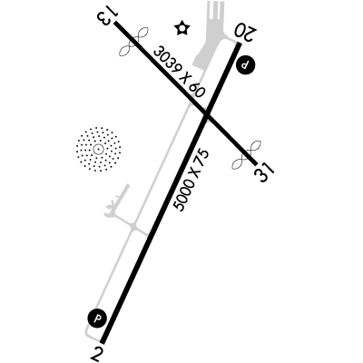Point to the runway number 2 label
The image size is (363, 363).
click(96, 354)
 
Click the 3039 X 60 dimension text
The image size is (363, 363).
click(180, 71)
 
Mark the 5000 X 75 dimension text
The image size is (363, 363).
click(191, 181)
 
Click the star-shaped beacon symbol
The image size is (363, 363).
click(182, 28)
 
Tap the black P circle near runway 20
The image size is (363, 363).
click(245, 64)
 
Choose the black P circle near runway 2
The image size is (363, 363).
click(97, 319)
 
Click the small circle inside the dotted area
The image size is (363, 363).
click(98, 149)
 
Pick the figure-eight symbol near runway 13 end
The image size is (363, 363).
click(134, 42)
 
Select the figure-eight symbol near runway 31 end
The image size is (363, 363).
click(247, 154)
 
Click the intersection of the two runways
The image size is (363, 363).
click(206, 114)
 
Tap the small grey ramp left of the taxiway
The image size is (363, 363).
click(117, 203)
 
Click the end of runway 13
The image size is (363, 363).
click(115, 23)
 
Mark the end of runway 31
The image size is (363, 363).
click(255, 163)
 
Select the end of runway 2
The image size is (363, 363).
click(103, 342)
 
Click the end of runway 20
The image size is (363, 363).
click(240, 44)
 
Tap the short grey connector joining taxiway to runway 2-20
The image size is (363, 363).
click(141, 231)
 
